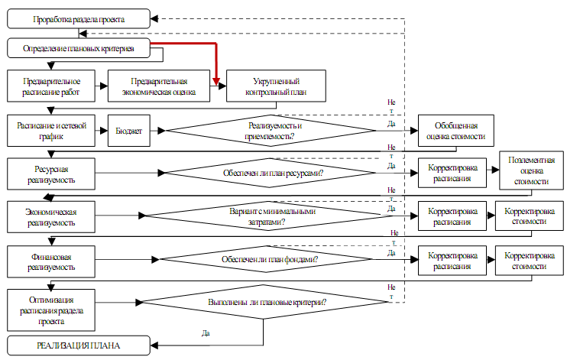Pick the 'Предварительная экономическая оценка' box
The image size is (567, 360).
click(x=158, y=86)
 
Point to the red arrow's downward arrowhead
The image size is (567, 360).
click(x=217, y=83)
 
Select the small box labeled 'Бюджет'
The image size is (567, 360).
click(x=128, y=131)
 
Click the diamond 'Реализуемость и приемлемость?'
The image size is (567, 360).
click(x=271, y=131)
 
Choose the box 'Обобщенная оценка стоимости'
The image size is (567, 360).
click(x=455, y=131)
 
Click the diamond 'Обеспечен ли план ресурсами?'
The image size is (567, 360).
click(x=271, y=172)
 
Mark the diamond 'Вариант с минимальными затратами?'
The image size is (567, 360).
click(x=271, y=217)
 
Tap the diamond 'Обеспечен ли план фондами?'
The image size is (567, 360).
click(x=271, y=260)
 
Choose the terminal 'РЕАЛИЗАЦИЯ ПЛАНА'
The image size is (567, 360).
click(x=79, y=346)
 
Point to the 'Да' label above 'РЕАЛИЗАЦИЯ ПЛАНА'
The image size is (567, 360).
click(x=206, y=334)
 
